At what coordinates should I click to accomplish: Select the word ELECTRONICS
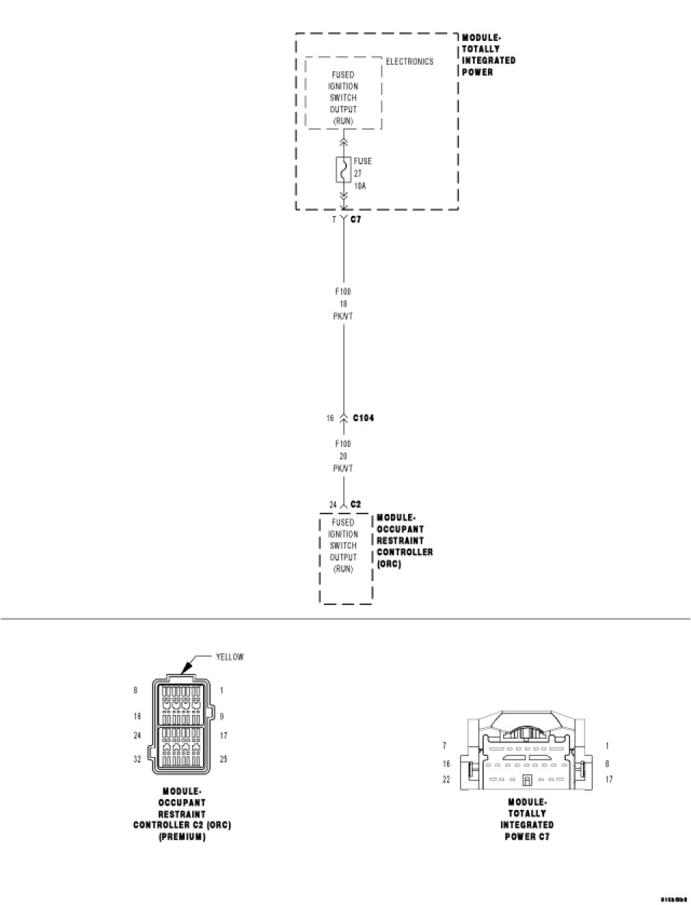click(x=410, y=62)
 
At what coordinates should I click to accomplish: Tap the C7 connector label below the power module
click(x=356, y=219)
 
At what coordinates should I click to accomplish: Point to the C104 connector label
click(x=363, y=418)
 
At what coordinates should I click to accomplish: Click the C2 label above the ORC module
click(x=356, y=505)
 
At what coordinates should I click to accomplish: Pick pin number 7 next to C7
click(x=333, y=220)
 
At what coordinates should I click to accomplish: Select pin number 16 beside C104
click(x=330, y=418)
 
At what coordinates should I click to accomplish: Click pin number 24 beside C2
click(x=333, y=505)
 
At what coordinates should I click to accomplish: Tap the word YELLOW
click(x=230, y=657)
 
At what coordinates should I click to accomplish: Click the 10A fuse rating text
click(x=359, y=185)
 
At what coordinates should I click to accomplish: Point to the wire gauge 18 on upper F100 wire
click(x=343, y=304)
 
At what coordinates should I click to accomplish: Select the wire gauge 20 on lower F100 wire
click(x=343, y=456)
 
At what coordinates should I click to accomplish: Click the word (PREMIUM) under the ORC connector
click(x=182, y=837)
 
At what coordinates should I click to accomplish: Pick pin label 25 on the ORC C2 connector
click(x=223, y=759)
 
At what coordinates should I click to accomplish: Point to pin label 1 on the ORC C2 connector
click(x=221, y=690)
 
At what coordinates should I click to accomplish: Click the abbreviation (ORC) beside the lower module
click(x=389, y=564)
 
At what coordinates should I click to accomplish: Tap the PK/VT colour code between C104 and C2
click(x=343, y=468)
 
